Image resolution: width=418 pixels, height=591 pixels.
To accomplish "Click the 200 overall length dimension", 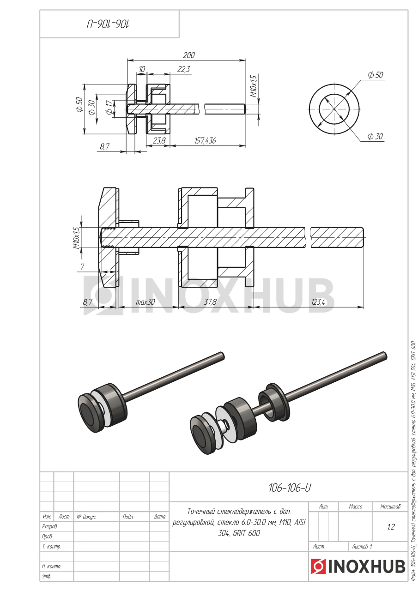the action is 189,55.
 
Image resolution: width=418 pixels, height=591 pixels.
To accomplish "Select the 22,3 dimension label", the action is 184,69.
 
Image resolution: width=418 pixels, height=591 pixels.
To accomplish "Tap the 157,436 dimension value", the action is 205,141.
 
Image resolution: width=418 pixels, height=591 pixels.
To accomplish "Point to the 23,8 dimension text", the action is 159,141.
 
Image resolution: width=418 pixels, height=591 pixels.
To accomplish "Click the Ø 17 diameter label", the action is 109,108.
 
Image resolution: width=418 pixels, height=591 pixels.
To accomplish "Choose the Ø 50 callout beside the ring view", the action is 376,75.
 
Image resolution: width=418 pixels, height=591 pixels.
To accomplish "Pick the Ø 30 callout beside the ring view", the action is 375,136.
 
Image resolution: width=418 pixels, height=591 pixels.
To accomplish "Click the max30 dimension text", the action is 145,302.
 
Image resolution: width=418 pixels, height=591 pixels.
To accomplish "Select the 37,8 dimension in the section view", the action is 210,302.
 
